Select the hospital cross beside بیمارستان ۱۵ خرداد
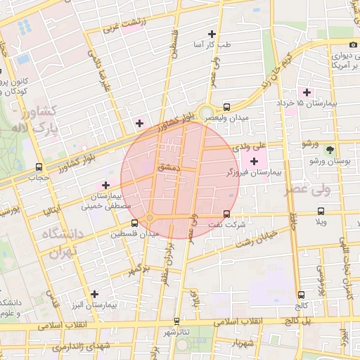pos(306,92)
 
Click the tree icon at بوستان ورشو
pos(330,148)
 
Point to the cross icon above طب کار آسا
pos(212,34)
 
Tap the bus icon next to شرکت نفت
pos(226,214)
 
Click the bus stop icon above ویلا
pos(321,211)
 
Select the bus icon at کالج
pos(302,295)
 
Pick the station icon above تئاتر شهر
pos(176,321)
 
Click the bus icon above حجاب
pos(39,167)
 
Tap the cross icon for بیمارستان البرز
pos(94,294)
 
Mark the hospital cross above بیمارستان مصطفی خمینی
pos(105,185)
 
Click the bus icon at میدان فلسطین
pos(135,222)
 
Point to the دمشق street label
pos(169,168)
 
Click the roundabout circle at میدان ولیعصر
pos(206,112)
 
